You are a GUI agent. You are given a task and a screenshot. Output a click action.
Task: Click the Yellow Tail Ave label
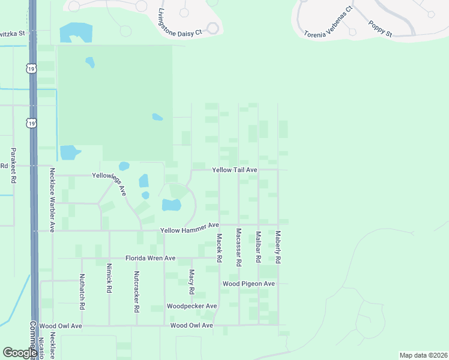235,170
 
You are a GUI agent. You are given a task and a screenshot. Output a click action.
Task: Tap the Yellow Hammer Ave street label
190,229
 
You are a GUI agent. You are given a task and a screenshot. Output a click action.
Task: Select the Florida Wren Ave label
150,258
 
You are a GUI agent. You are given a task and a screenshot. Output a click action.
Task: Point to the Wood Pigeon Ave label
249,283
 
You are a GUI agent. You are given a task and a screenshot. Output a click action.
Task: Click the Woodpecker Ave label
191,306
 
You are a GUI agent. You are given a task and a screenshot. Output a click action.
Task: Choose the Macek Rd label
219,248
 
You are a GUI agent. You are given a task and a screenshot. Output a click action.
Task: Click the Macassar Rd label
238,247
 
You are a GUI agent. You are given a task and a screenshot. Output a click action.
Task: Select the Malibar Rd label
258,247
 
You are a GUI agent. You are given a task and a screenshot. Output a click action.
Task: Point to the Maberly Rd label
278,248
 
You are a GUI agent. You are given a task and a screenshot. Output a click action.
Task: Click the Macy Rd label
192,282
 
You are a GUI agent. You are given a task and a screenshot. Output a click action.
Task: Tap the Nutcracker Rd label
137,292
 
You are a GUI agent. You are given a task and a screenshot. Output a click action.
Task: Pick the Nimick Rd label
109,277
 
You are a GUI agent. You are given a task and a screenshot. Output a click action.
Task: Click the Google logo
19,353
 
